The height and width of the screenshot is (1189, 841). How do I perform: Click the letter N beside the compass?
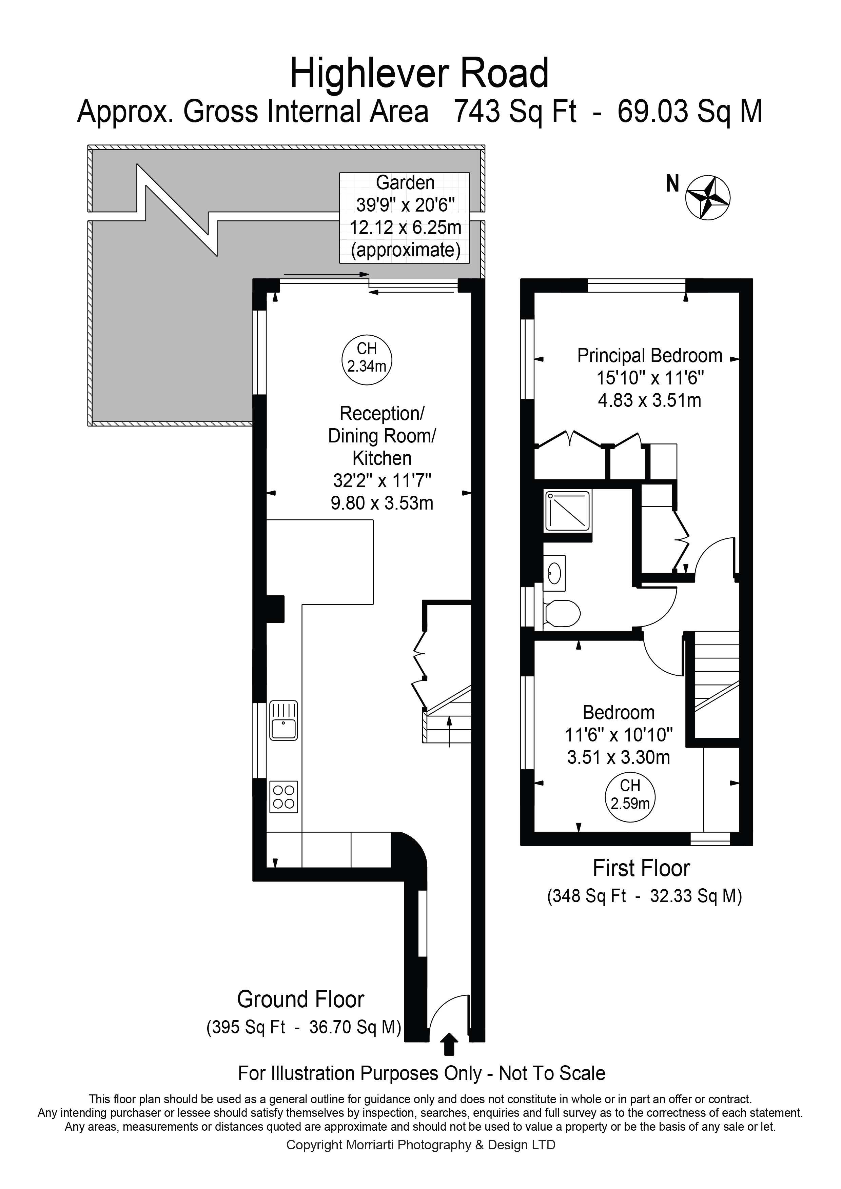pyautogui.click(x=672, y=184)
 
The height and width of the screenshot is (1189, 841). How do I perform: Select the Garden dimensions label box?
pyautogui.click(x=405, y=218)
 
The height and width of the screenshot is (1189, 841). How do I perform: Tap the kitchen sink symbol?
pyautogui.click(x=283, y=720)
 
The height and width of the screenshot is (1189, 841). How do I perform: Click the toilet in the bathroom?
pyautogui.click(x=561, y=614)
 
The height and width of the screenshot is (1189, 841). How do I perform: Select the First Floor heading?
pyautogui.click(x=641, y=869)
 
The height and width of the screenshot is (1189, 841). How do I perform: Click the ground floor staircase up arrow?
pyautogui.click(x=449, y=730)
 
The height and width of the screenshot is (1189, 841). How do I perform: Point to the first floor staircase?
pyautogui.click(x=716, y=683)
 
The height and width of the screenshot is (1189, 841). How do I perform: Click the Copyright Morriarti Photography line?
pyautogui.click(x=420, y=1145)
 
